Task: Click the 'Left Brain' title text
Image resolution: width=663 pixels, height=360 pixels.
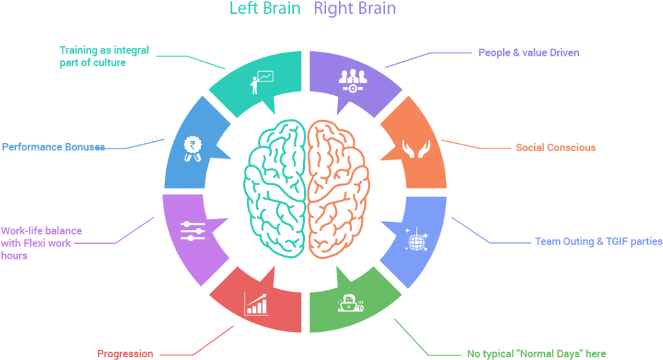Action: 265,9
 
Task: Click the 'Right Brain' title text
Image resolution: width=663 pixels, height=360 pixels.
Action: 355,9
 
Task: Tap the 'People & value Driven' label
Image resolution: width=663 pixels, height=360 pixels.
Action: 528,53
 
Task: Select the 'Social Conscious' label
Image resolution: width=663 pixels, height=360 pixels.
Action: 555,148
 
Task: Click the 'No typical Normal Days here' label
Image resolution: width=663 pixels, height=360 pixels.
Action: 536,353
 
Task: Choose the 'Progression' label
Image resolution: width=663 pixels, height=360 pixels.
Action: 126,353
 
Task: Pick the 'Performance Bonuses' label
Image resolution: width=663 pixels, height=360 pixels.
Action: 53,147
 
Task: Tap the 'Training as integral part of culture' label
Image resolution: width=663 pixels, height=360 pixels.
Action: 104,56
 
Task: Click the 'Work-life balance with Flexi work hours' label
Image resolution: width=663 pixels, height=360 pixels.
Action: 41,243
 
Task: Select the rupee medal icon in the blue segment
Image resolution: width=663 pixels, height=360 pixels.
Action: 193,148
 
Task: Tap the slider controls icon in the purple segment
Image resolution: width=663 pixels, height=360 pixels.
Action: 193,231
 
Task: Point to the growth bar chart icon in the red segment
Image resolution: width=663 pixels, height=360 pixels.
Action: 256,304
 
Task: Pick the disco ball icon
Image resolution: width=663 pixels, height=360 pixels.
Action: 416,239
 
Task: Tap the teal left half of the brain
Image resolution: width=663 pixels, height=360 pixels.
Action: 275,185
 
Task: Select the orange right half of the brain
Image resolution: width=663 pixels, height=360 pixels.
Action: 336,185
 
